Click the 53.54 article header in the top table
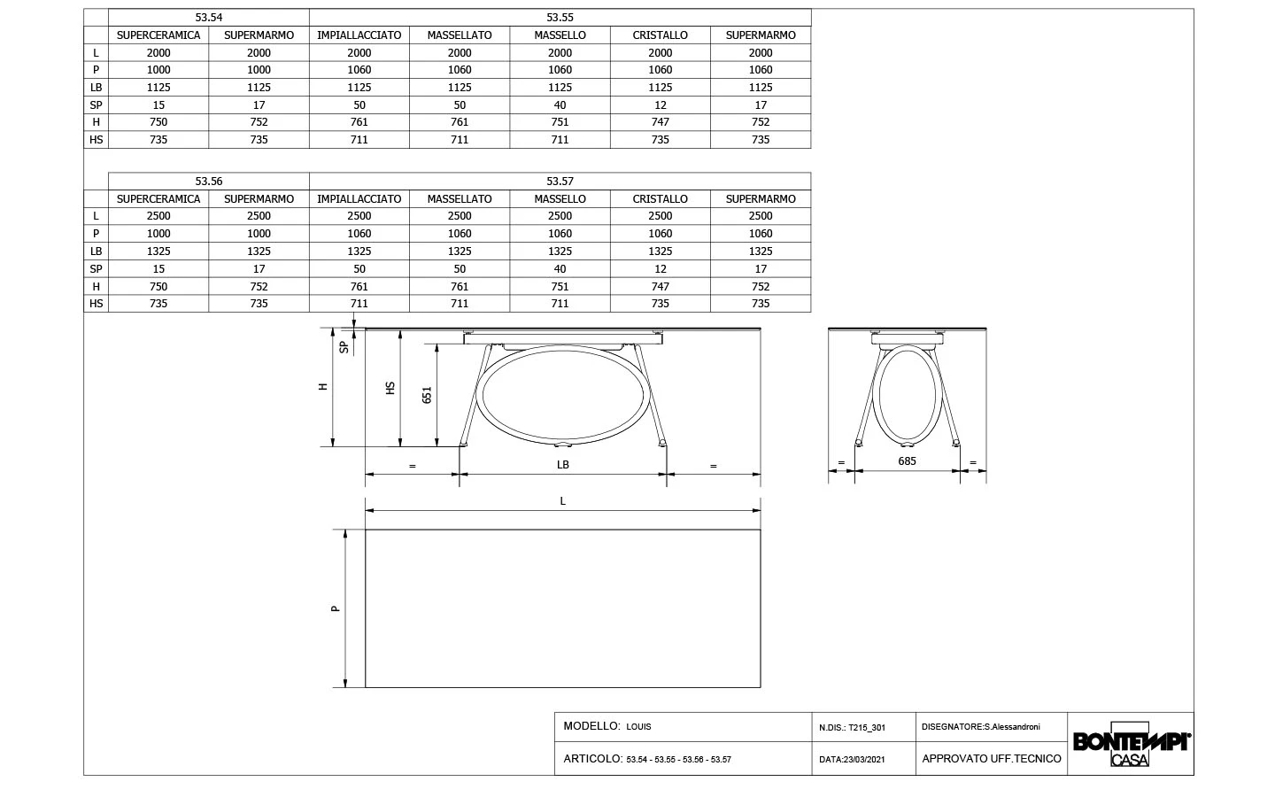pyautogui.click(x=208, y=18)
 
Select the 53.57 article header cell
pyautogui.click(x=560, y=181)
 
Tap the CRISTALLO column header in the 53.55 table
pyautogui.click(x=660, y=35)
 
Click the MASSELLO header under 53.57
pyautogui.click(x=560, y=198)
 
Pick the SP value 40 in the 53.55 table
pyautogui.click(x=560, y=104)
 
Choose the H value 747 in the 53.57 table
pyautogui.click(x=660, y=286)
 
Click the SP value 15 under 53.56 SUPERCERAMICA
pyautogui.click(x=158, y=268)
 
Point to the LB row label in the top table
pyautogui.click(x=96, y=87)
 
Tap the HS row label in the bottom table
pyautogui.click(x=96, y=304)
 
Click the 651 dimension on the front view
pyautogui.click(x=427, y=395)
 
